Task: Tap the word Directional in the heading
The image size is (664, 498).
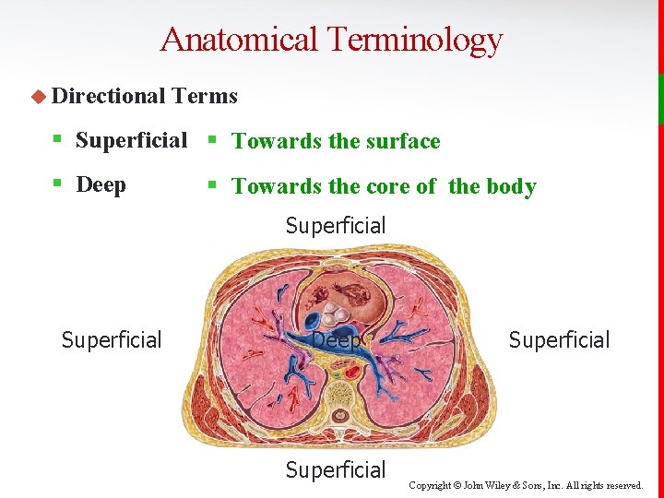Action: pyautogui.click(x=108, y=96)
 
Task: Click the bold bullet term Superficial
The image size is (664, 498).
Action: pyautogui.click(x=131, y=140)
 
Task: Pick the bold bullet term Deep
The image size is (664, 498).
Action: pyautogui.click(x=101, y=184)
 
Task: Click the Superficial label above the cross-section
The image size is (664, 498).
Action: pyautogui.click(x=336, y=225)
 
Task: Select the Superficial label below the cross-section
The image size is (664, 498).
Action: pyautogui.click(x=336, y=470)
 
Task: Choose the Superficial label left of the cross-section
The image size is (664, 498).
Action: pyautogui.click(x=112, y=340)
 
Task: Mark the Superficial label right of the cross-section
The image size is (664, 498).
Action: pyautogui.click(x=559, y=340)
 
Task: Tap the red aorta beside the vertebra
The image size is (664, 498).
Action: pyautogui.click(x=352, y=373)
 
